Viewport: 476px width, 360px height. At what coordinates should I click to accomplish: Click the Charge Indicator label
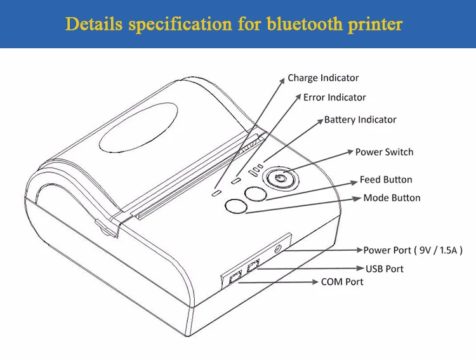point(323,78)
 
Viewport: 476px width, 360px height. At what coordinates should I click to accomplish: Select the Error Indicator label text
point(334,98)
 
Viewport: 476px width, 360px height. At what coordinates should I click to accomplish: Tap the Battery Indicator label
point(360,119)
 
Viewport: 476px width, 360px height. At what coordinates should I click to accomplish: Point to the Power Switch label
point(384,152)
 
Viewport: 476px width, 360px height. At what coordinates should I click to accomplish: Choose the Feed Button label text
point(386,180)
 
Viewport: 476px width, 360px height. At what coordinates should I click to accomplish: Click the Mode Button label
point(392,198)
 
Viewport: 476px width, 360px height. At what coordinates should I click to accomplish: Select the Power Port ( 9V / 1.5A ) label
point(413,250)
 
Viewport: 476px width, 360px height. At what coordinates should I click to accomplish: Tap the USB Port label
point(384,269)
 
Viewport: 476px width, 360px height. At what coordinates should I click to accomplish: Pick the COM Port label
point(342,282)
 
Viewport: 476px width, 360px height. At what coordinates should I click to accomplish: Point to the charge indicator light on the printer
point(216,191)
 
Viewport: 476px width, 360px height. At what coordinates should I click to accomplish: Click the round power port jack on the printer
point(278,250)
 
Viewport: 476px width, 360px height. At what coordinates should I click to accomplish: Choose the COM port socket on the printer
point(233,277)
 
